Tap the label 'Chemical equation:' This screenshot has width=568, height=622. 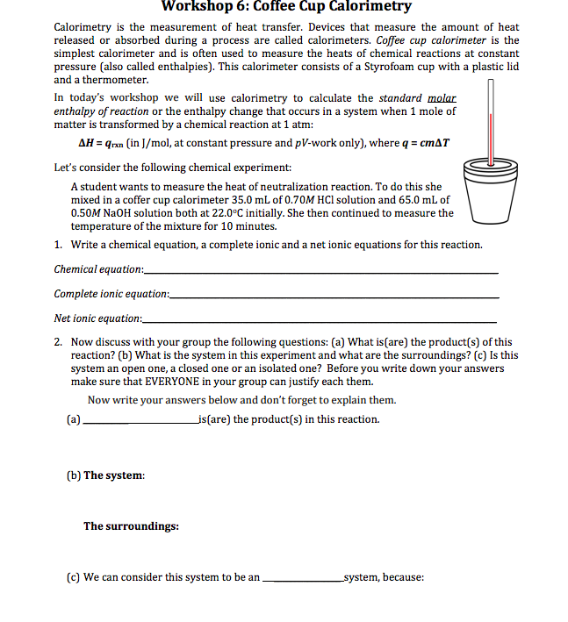tap(97, 268)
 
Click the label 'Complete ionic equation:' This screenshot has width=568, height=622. tap(110, 293)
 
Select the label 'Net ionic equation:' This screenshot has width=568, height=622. tap(97, 318)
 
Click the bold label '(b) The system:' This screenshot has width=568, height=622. tap(105, 475)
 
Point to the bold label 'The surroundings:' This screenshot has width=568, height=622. tap(131, 526)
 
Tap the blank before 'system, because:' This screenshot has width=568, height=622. tap(303, 578)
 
